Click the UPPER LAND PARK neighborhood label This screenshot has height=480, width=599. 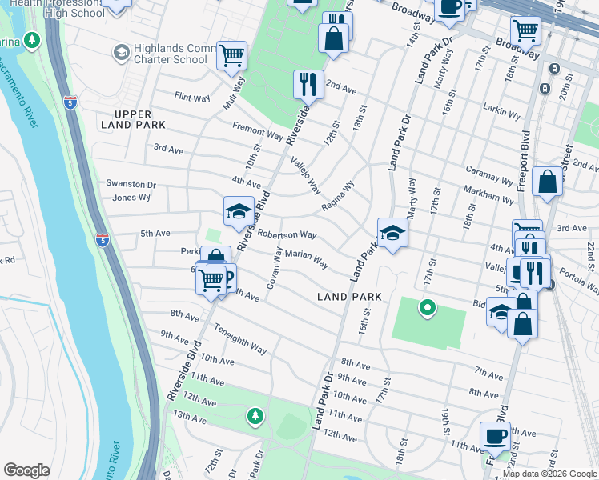(134, 119)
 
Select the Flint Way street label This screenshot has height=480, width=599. (192, 97)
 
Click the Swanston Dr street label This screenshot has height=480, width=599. (131, 183)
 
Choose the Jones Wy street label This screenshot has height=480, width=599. (131, 197)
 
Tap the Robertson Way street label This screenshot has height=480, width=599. (286, 234)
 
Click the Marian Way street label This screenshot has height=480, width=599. (307, 258)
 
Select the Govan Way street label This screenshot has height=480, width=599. (273, 269)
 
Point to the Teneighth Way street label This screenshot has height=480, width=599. (239, 338)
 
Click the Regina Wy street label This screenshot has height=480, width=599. (337, 196)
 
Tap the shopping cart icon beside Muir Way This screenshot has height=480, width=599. (231, 55)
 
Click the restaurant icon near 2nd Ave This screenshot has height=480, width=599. (308, 82)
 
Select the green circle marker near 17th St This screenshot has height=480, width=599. (428, 306)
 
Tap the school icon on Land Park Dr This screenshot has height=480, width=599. (392, 233)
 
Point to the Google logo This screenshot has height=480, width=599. (27, 470)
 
